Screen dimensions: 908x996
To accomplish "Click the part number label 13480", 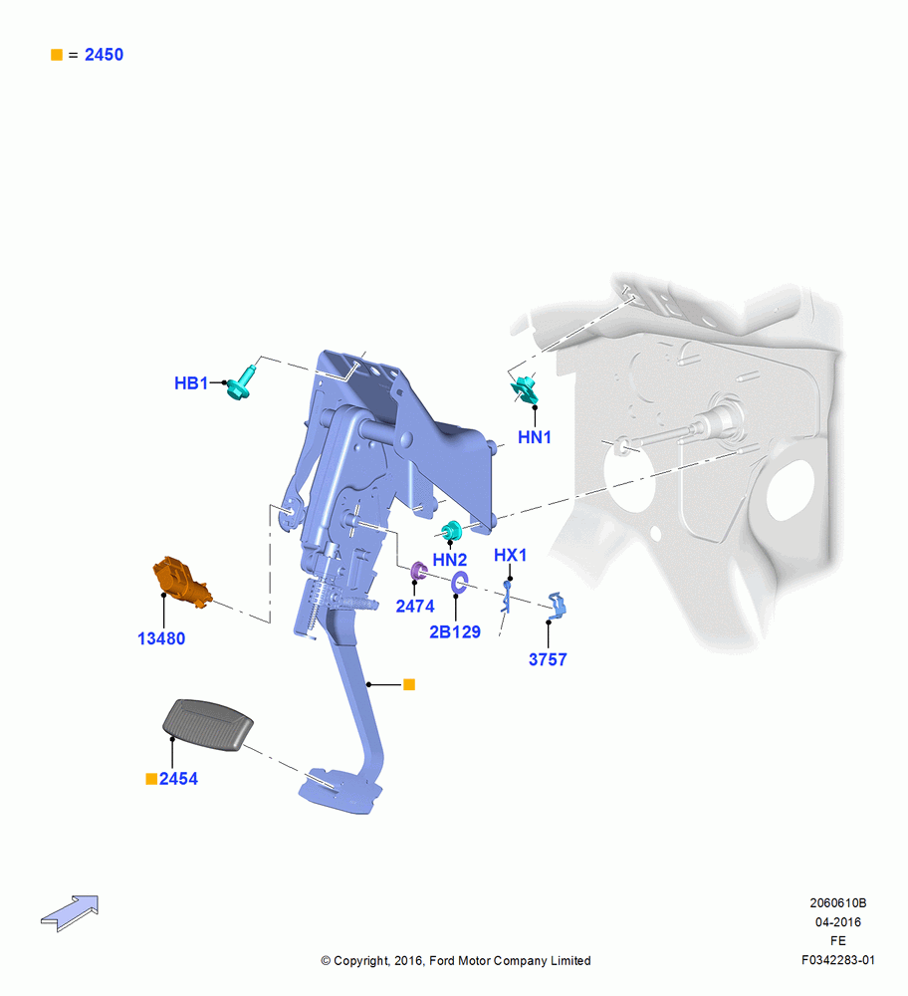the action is [161, 638].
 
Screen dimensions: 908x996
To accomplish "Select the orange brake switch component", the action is [180, 583].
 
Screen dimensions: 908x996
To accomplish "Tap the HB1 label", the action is [191, 383].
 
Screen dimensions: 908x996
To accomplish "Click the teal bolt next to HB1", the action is [241, 383].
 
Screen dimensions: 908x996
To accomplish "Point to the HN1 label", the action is [535, 437].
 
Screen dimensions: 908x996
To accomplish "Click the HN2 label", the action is [450, 560].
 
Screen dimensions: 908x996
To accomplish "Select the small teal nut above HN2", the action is [451, 531].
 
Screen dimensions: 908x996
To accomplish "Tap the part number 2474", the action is [415, 606].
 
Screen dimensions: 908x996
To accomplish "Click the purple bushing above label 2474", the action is [418, 571].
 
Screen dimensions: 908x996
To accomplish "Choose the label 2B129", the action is [455, 632].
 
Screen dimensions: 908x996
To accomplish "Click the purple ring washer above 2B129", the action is [459, 582].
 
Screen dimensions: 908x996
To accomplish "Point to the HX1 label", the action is [511, 555].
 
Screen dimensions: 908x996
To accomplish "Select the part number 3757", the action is [548, 659].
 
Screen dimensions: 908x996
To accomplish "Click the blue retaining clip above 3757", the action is [557, 606].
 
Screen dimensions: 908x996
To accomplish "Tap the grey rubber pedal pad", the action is [208, 725].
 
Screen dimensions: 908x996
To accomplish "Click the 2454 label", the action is [178, 779].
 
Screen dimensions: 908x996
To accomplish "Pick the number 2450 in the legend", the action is [105, 55].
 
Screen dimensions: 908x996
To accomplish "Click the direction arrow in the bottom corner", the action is [70, 913].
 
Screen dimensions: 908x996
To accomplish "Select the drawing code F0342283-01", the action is [838, 960].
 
